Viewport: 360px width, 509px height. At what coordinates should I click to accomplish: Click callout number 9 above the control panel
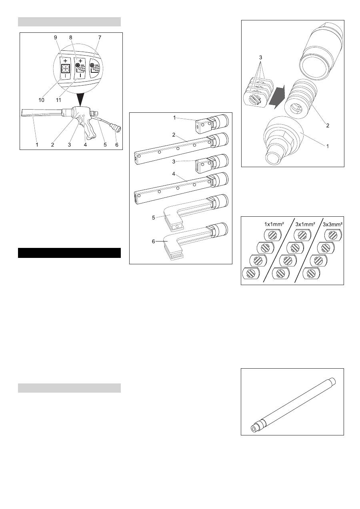pyautogui.click(x=56, y=37)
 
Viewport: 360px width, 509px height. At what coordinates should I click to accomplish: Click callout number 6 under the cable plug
pyautogui.click(x=117, y=144)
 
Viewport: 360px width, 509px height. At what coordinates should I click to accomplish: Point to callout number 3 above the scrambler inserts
pyautogui.click(x=260, y=58)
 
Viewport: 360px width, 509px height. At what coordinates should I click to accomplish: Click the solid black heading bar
pyautogui.click(x=69, y=253)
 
